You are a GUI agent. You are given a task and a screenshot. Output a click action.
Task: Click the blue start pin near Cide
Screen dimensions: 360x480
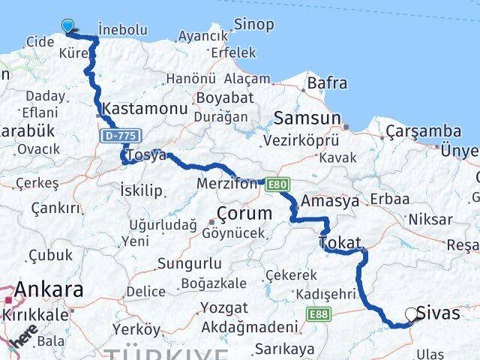[68, 27]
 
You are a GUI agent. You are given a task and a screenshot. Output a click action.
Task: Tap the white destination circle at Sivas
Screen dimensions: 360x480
[411, 315]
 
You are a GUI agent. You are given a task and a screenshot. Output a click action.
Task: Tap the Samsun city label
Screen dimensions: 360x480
[307, 118]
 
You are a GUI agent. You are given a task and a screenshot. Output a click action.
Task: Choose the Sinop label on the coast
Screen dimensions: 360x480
[253, 25]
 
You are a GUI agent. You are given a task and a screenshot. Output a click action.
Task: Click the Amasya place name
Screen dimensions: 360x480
[330, 201]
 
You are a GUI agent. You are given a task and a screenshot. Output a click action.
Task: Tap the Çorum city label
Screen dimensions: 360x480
[242, 213]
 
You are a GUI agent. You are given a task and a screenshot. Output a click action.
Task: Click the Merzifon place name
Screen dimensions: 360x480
[226, 184]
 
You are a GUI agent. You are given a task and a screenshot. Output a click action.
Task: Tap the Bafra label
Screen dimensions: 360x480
[328, 83]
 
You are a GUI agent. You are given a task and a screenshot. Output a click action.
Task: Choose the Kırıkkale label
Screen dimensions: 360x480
[34, 315]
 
